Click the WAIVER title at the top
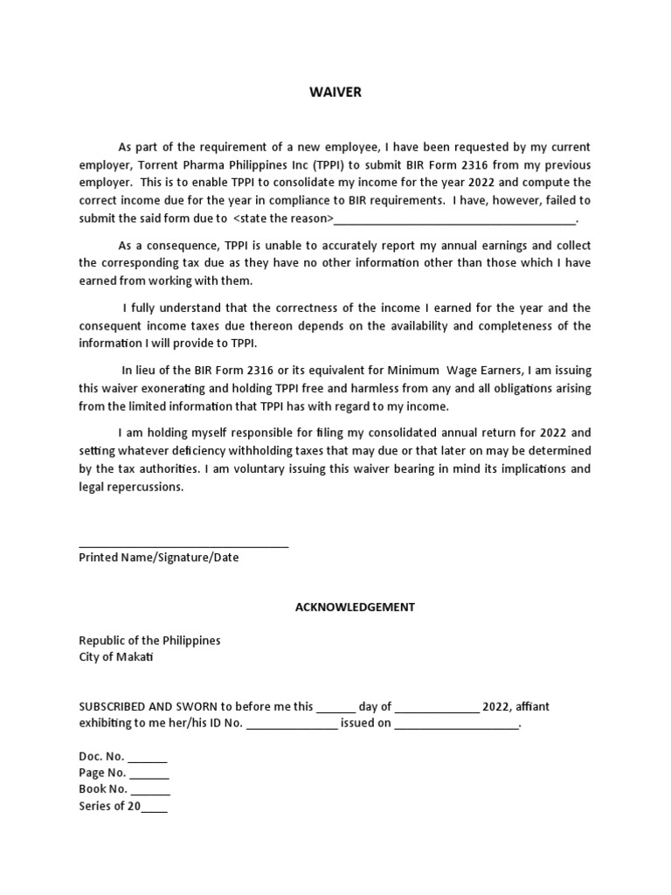point(335,93)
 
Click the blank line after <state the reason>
point(454,220)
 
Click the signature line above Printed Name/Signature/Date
point(183,546)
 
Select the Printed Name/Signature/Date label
point(158,558)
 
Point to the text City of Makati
point(116,657)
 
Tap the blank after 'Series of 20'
point(155,809)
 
